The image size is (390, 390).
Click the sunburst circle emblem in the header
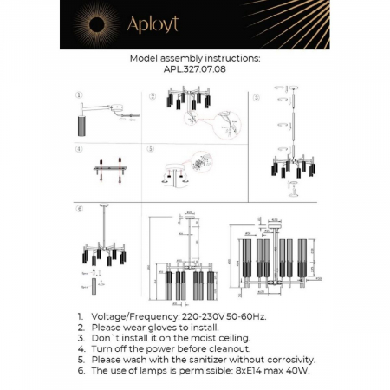(88, 24)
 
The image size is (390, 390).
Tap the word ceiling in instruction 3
(228, 339)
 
